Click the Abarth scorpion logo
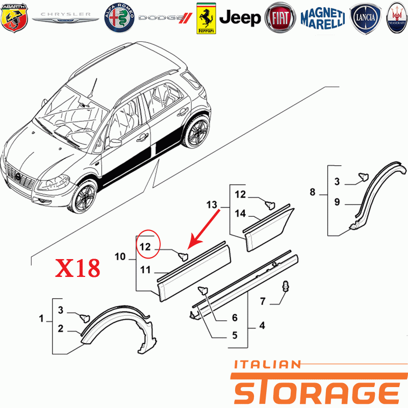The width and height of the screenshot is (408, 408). click(x=14, y=18)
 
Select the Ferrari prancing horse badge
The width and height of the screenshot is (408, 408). click(x=206, y=18)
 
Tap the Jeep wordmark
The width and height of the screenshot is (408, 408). click(x=240, y=18)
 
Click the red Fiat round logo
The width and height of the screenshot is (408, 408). click(x=280, y=18)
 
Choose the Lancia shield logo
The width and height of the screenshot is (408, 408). click(x=365, y=18)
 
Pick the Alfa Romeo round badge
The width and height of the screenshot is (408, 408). click(x=119, y=18)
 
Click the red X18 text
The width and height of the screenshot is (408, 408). click(x=78, y=268)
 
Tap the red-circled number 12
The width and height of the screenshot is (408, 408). click(x=145, y=247)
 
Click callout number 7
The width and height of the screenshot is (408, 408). click(x=263, y=301)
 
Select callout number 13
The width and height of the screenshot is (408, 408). click(x=212, y=205)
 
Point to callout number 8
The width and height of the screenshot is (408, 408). click(x=313, y=192)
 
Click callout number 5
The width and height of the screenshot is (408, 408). click(x=235, y=335)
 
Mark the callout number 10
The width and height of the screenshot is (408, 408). click(x=120, y=257)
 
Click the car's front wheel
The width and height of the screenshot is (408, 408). click(x=84, y=197)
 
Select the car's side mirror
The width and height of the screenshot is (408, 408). click(x=115, y=143)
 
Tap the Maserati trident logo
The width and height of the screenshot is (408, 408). click(x=397, y=18)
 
